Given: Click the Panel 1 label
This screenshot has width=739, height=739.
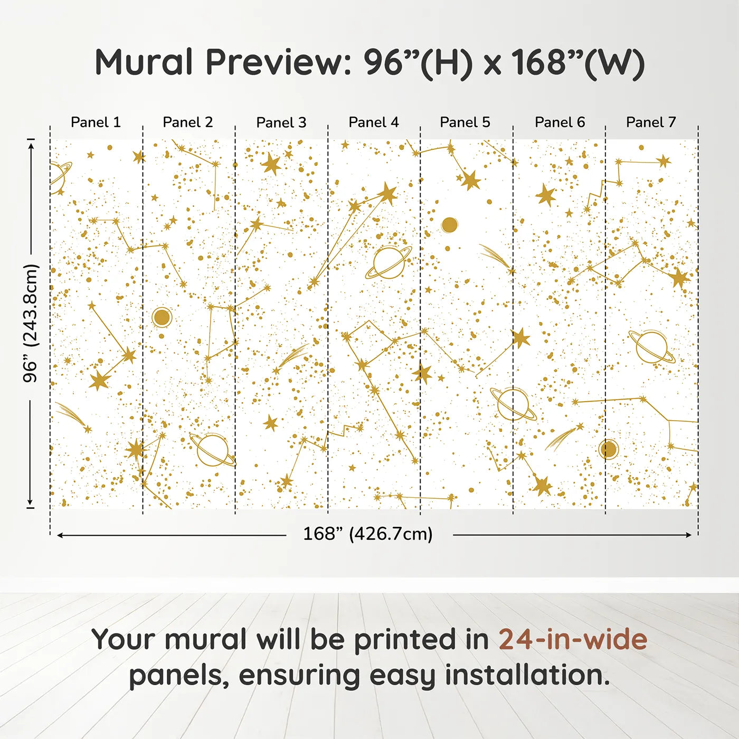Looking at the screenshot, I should [96, 122].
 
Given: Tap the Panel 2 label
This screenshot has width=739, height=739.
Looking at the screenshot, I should [187, 122].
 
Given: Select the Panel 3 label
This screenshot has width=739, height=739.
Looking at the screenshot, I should [281, 122].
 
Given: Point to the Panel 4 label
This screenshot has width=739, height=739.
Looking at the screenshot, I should [373, 122].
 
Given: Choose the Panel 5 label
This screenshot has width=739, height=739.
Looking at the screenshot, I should [465, 122].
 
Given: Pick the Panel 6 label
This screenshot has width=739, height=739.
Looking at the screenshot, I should [560, 122].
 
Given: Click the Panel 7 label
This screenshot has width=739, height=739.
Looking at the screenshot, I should [651, 122].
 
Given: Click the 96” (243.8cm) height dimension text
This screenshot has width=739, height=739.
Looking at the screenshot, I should [31, 323].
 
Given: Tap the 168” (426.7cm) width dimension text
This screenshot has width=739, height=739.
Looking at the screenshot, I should [367, 534].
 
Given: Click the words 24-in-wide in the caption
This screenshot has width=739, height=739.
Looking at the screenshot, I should [573, 639].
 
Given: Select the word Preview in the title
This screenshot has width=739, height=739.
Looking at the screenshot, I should [274, 62].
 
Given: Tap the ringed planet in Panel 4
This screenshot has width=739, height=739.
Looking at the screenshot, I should [389, 262].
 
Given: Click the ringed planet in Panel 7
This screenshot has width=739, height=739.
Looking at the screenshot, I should [652, 347].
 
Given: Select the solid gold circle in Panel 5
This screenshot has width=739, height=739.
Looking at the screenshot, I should [449, 225].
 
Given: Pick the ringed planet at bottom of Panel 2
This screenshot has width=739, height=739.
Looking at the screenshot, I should [213, 450].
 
